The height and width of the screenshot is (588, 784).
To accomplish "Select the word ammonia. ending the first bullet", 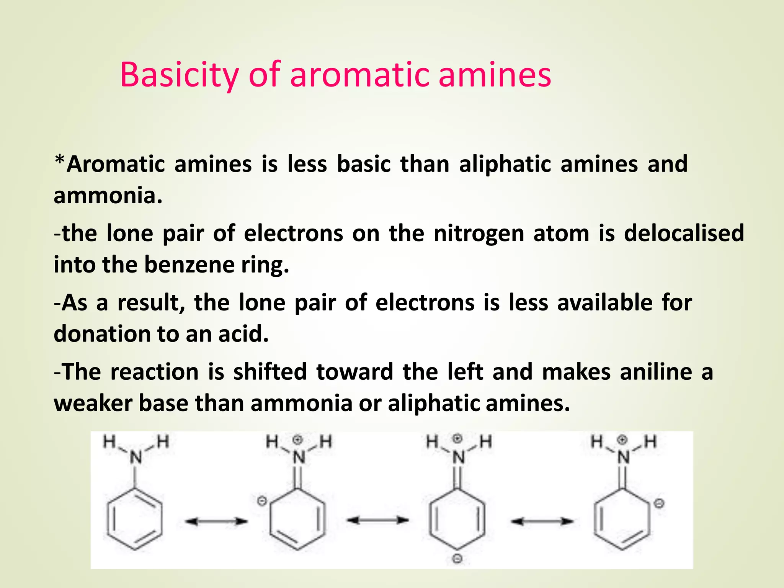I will pyautogui.click(x=108, y=196).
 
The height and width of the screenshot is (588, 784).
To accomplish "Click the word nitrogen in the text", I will pyautogui.click(x=479, y=233).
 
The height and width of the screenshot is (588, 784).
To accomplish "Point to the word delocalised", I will pyautogui.click(x=684, y=233).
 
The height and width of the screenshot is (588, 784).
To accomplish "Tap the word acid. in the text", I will pyautogui.click(x=243, y=334).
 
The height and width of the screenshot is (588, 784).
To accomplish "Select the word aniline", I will pyautogui.click(x=656, y=372).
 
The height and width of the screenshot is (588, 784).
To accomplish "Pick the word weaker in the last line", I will pyautogui.click(x=93, y=403).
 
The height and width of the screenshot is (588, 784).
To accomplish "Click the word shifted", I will pyautogui.click(x=270, y=372).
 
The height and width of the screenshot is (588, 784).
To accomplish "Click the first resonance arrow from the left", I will pyautogui.click(x=216, y=521).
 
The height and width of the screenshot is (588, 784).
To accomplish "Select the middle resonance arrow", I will pyautogui.click(x=377, y=520).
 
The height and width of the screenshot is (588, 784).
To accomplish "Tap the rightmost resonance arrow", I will pyautogui.click(x=542, y=521).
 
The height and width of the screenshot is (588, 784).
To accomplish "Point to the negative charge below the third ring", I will pyautogui.click(x=457, y=559).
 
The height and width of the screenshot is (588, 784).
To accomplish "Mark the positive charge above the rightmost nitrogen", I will pyautogui.click(x=623, y=440).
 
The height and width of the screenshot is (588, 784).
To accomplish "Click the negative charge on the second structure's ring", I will pyautogui.click(x=261, y=501).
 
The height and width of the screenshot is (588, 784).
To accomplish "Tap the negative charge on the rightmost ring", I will pyautogui.click(x=659, y=504).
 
